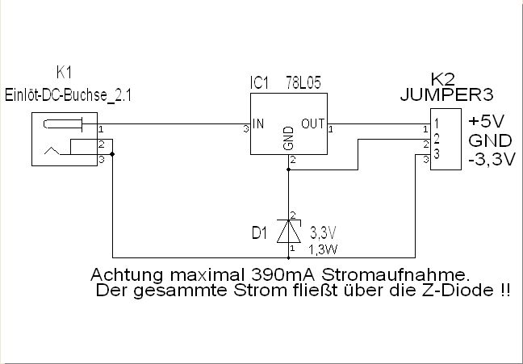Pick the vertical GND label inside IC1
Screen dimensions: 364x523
[288, 142]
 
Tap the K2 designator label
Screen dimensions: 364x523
[442, 79]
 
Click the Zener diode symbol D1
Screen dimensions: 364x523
[288, 231]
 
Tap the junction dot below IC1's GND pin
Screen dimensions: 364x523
[288, 170]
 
